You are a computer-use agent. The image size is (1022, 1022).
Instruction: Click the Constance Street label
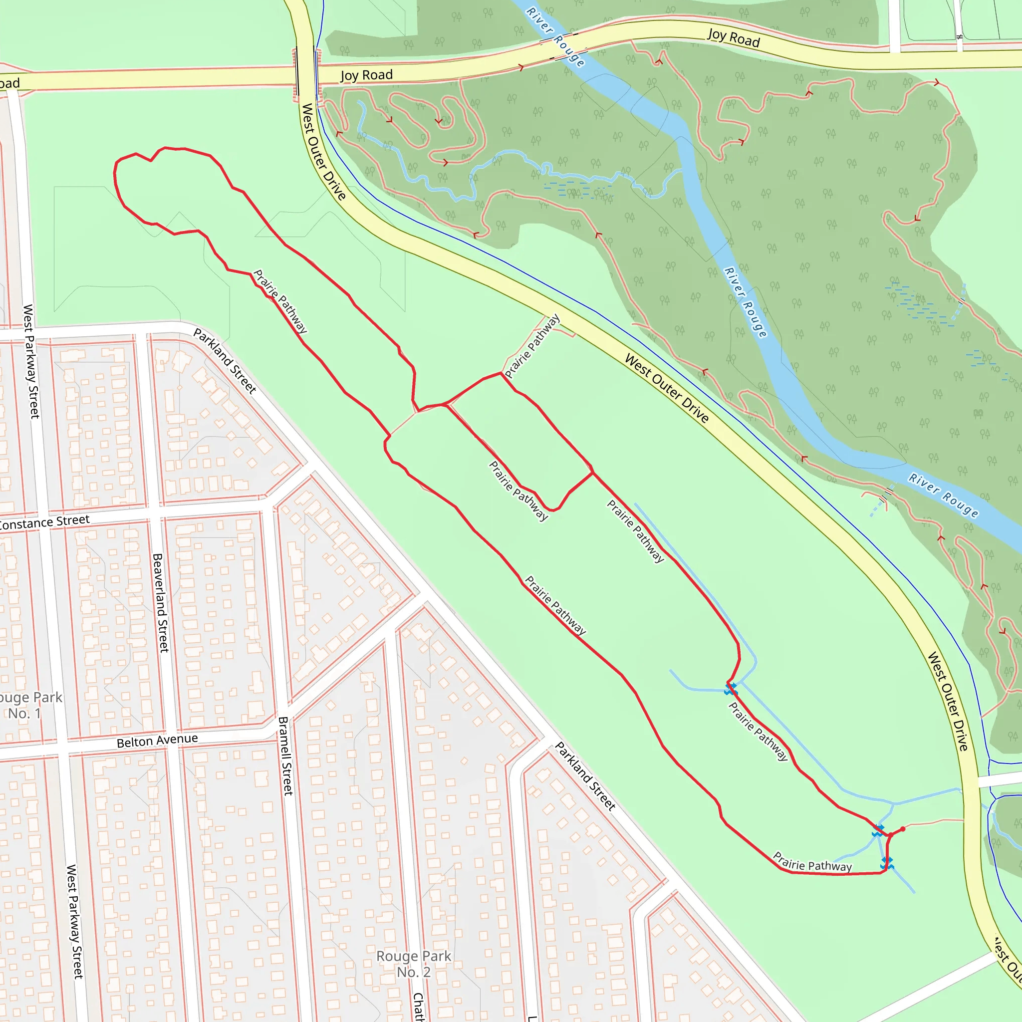pos(44,521)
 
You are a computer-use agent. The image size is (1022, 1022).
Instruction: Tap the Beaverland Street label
pos(160,602)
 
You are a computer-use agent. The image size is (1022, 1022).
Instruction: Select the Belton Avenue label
pos(157,741)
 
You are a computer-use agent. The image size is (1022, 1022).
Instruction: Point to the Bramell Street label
pos(285,756)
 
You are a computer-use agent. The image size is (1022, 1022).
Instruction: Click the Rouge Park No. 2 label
pos(414,964)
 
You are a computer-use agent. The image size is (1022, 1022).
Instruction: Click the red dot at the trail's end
pos(902,829)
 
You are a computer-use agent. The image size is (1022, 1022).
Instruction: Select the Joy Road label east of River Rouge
pos(733,37)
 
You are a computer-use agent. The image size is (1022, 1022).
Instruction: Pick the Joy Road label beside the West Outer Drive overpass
pos(367,75)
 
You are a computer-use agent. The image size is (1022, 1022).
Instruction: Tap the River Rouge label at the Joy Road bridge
pos(555,36)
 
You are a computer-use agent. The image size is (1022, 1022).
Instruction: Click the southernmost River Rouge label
pos(944,495)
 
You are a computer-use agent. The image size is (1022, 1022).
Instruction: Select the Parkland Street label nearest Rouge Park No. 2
pos(585,776)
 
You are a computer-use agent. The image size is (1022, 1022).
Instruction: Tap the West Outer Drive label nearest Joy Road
pos(323,152)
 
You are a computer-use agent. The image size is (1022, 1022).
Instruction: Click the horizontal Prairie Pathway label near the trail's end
pos(812,861)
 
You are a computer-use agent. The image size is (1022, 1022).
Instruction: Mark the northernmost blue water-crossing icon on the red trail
pos(731,689)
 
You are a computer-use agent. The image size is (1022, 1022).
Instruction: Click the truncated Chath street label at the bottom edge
pos(418,1006)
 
